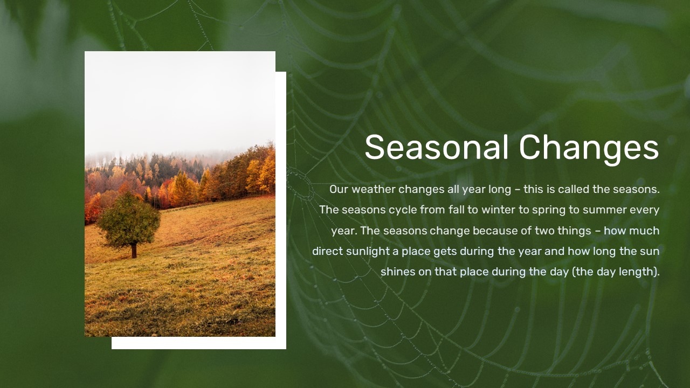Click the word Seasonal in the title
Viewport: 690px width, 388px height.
tap(437, 147)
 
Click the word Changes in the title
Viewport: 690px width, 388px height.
tap(589, 150)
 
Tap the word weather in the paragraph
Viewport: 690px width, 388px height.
tap(374, 189)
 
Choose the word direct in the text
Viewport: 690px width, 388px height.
tap(327, 251)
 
